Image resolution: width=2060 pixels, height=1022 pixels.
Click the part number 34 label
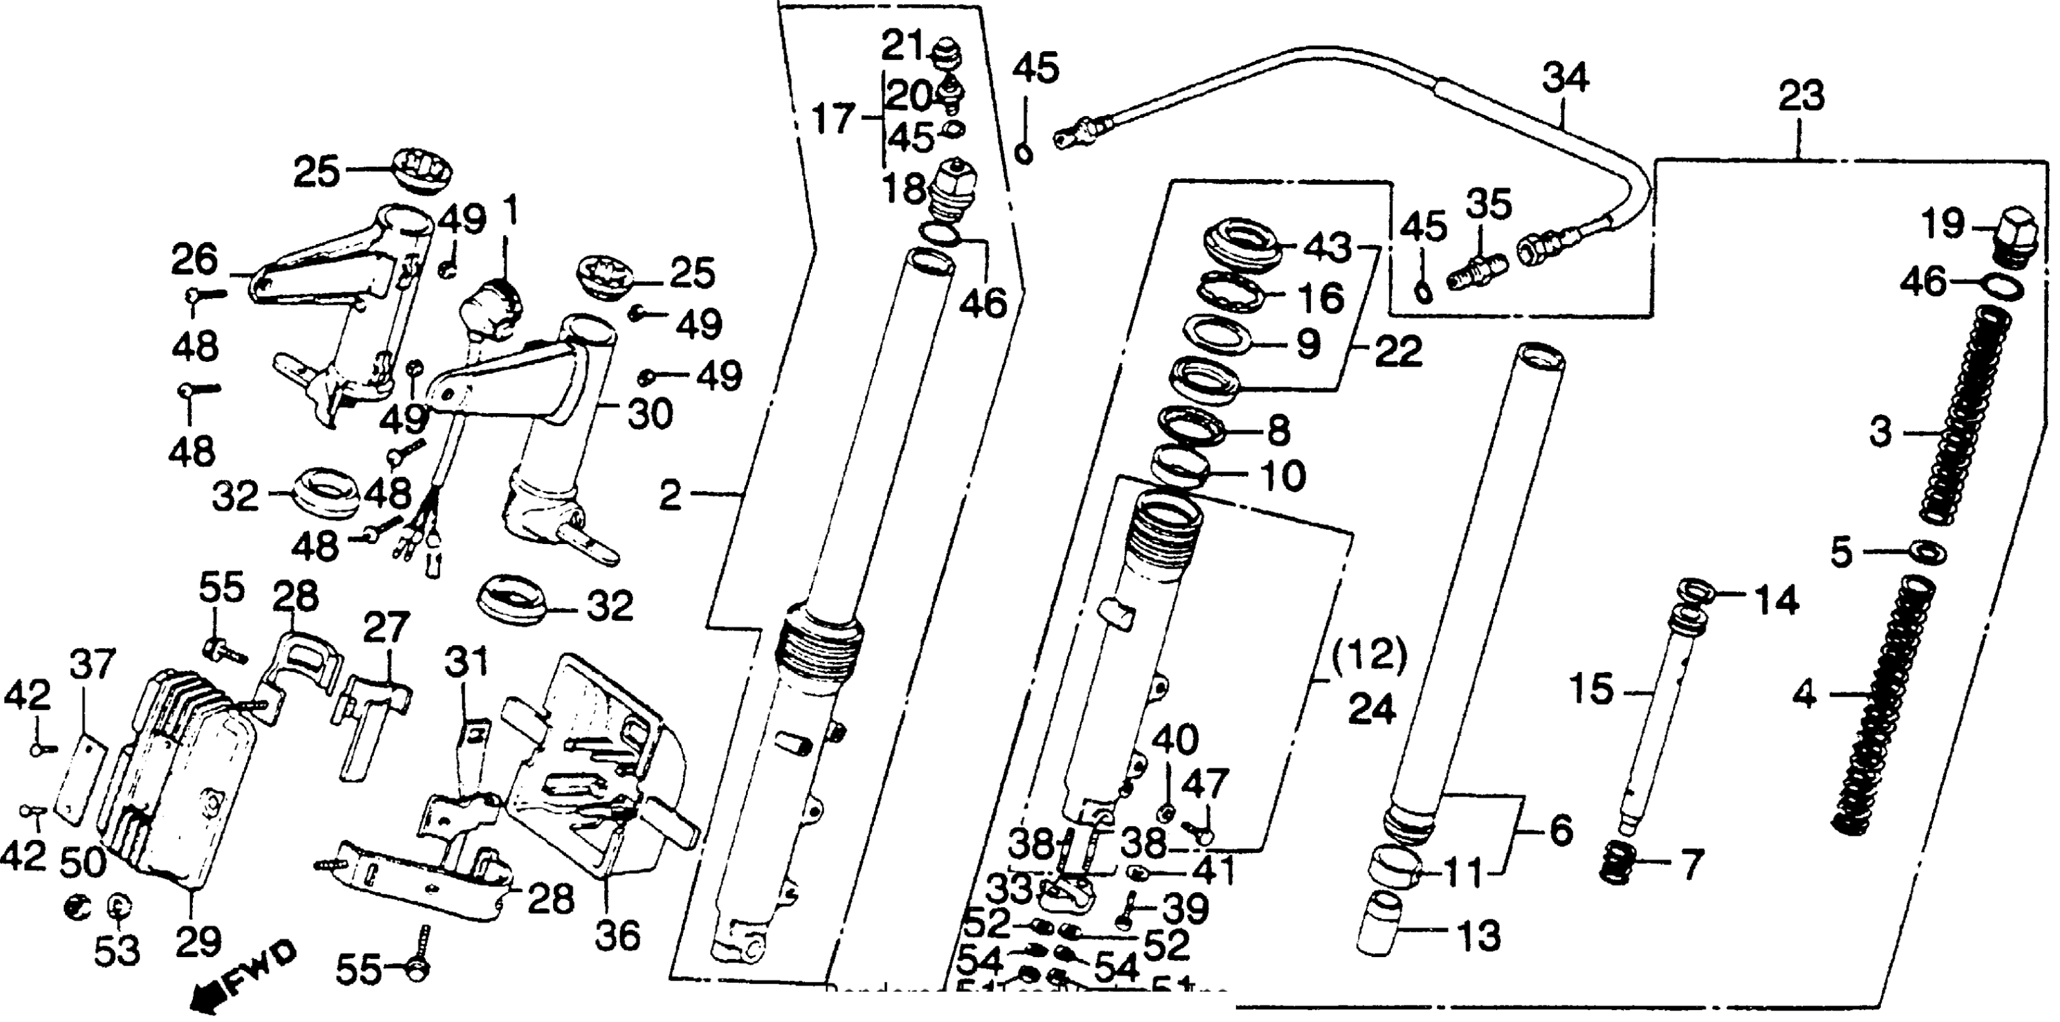tap(1565, 79)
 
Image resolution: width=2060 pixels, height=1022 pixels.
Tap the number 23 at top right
tap(1801, 96)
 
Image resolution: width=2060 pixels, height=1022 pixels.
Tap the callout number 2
tap(670, 496)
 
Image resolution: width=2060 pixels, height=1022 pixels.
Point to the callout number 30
tap(649, 414)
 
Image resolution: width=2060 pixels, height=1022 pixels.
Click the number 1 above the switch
tap(509, 213)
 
